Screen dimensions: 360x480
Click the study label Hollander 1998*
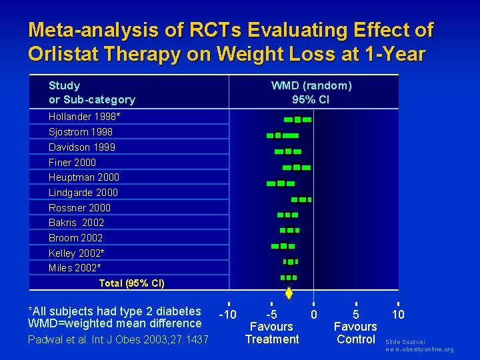(84, 117)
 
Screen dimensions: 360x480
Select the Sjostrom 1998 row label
(81, 132)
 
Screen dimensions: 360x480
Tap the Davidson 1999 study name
(82, 147)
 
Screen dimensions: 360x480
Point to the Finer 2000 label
(72, 163)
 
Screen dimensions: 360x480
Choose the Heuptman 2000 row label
(84, 177)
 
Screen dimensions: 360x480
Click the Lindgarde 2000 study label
(83, 193)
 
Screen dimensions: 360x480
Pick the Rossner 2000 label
(79, 208)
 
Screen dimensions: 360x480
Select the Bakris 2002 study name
(76, 223)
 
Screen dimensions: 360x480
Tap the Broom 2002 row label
(75, 238)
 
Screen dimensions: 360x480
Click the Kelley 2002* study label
(77, 253)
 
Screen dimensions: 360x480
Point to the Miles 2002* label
(75, 268)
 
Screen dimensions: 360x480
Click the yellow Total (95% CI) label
(131, 283)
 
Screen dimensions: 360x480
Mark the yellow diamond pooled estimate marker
(289, 292)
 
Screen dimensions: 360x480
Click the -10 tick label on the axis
(228, 314)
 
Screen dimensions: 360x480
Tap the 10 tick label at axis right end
(398, 314)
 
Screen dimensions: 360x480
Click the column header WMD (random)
(311, 85)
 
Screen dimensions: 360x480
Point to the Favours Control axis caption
(355, 333)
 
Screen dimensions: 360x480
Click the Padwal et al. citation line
(118, 340)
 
